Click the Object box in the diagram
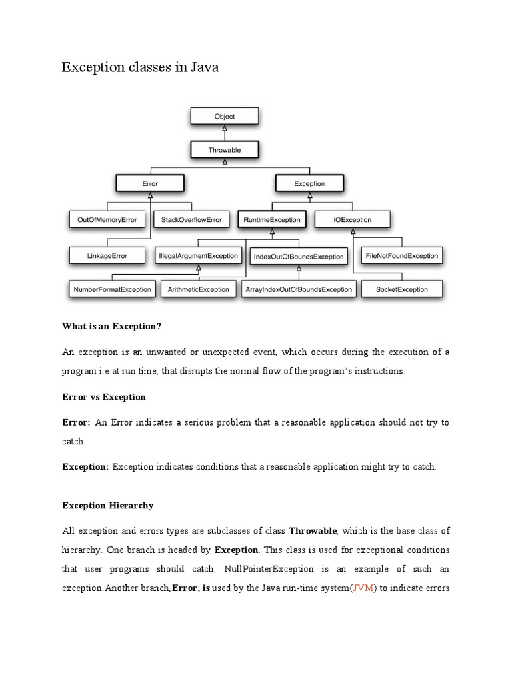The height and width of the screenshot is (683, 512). [x=224, y=116]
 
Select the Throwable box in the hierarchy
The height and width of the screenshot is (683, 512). [x=224, y=150]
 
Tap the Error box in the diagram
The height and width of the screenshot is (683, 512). [x=150, y=183]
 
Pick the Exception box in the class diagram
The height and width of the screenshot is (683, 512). [x=309, y=183]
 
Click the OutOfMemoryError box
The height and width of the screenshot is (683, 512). [x=107, y=219]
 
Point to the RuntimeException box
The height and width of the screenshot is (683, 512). [x=271, y=219]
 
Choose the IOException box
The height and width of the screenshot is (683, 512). [x=353, y=219]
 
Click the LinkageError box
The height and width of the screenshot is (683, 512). [x=107, y=255]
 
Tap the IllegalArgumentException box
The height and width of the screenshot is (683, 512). [x=198, y=255]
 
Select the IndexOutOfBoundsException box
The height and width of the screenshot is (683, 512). [x=299, y=256]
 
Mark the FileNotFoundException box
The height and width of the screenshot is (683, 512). [x=402, y=255]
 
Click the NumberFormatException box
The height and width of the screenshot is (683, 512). [x=111, y=289]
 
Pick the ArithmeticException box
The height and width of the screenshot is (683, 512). [x=199, y=289]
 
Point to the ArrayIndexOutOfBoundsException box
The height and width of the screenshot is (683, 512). [x=298, y=289]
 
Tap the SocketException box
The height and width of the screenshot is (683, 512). [x=402, y=289]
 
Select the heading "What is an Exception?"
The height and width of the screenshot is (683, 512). [x=112, y=326]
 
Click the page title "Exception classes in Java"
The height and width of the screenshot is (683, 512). [x=140, y=67]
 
